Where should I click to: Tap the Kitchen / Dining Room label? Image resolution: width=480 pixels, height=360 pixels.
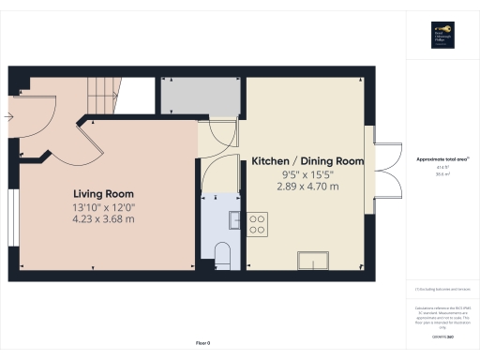[307, 161]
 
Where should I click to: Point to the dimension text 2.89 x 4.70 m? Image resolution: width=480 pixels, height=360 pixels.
[307, 187]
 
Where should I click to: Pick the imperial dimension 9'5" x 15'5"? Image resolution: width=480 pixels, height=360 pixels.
[307, 174]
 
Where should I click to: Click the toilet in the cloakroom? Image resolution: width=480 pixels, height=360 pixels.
[222, 253]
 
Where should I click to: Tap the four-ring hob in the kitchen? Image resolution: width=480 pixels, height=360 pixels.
[257, 225]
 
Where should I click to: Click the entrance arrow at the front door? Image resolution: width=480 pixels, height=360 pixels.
[8, 117]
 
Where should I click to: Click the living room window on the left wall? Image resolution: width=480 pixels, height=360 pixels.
[12, 217]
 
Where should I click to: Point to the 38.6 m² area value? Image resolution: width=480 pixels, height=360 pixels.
[441, 174]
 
